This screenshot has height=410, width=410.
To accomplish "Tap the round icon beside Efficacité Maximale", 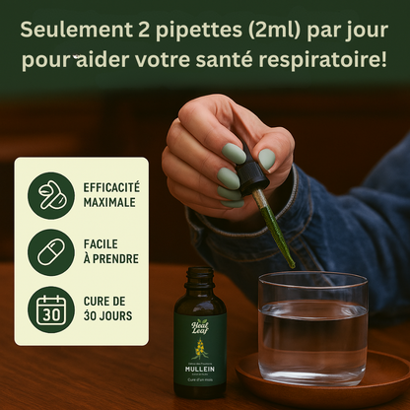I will (51, 194).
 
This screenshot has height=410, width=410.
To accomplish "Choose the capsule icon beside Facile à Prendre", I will (51, 252).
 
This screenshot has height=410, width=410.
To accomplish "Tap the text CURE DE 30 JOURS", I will (106, 309).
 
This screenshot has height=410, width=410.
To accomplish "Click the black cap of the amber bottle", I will (200, 277).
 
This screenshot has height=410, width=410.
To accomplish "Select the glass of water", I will (312, 325).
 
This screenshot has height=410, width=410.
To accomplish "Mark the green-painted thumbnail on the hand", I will (267, 158).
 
